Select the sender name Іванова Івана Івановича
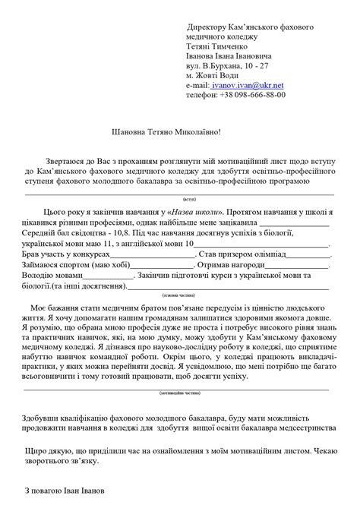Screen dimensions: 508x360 (231, 56)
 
